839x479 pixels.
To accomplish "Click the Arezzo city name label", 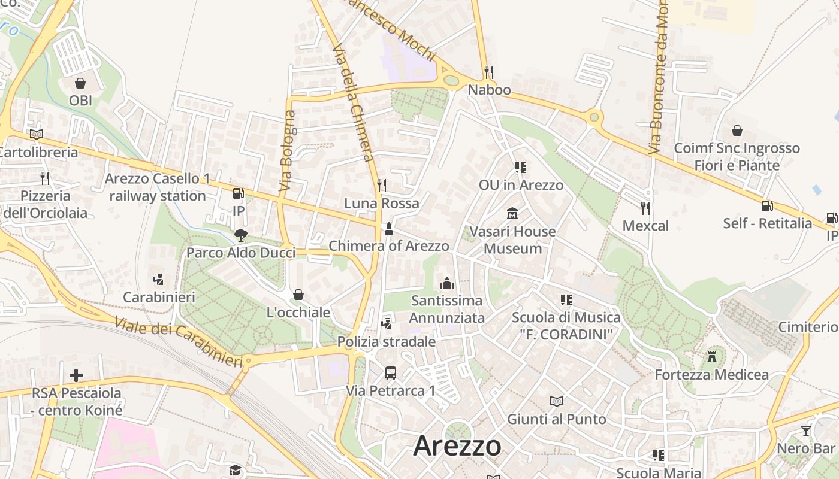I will [457, 445].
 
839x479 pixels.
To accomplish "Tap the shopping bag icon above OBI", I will [80, 83].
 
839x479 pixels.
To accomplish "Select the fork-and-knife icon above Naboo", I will [489, 72].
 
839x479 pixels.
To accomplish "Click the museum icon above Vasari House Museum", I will [512, 213].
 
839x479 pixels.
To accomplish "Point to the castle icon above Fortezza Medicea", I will [712, 357].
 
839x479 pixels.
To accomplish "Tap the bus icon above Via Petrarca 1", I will [391, 373].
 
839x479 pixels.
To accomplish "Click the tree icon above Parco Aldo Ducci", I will [241, 235].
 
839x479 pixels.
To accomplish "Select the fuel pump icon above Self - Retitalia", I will [767, 206].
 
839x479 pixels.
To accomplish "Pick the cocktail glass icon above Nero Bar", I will [806, 431].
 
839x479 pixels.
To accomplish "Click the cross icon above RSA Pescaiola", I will [76, 376].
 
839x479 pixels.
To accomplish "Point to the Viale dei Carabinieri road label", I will [178, 342].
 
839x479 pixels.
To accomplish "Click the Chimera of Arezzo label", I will [389, 245].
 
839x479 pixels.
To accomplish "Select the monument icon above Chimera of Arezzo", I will [389, 228].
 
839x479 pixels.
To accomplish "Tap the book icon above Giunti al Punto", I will [557, 401].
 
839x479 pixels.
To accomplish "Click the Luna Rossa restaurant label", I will [382, 203].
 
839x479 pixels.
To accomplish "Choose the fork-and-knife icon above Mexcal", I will [645, 208].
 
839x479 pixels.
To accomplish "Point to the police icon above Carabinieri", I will [159, 279].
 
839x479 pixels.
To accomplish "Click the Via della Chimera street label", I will [353, 102].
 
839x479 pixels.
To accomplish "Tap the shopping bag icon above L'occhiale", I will [298, 295].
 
